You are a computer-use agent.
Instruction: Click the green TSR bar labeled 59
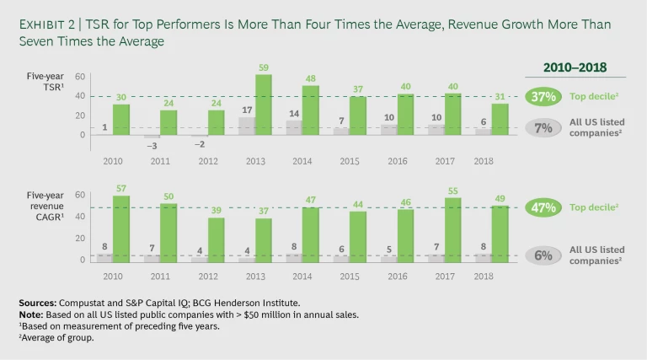point(263,105)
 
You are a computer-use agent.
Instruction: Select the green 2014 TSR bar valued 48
point(310,110)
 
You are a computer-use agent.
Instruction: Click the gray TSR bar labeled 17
point(246,126)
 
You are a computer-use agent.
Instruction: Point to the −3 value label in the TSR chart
point(152,146)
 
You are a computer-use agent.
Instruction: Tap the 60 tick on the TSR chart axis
point(79,77)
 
